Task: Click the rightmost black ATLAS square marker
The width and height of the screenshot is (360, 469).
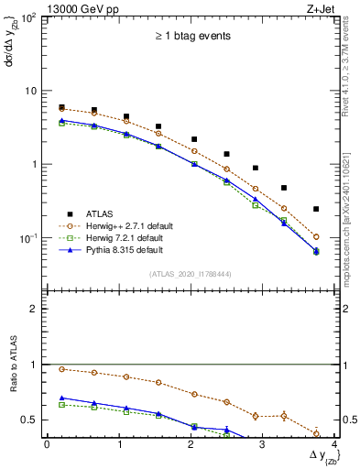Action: tap(316, 209)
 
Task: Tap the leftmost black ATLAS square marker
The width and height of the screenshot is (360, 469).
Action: tap(61, 107)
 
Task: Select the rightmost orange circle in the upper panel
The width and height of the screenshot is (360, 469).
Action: tap(316, 236)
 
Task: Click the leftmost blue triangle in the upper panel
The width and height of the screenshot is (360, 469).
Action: tap(61, 120)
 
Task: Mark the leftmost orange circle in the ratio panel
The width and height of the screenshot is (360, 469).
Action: tap(61, 369)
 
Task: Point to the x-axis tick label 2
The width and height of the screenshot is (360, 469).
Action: tap(191, 444)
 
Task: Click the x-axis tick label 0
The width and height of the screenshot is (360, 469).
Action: tap(47, 444)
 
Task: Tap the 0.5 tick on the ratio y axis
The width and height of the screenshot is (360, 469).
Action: tap(30, 420)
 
